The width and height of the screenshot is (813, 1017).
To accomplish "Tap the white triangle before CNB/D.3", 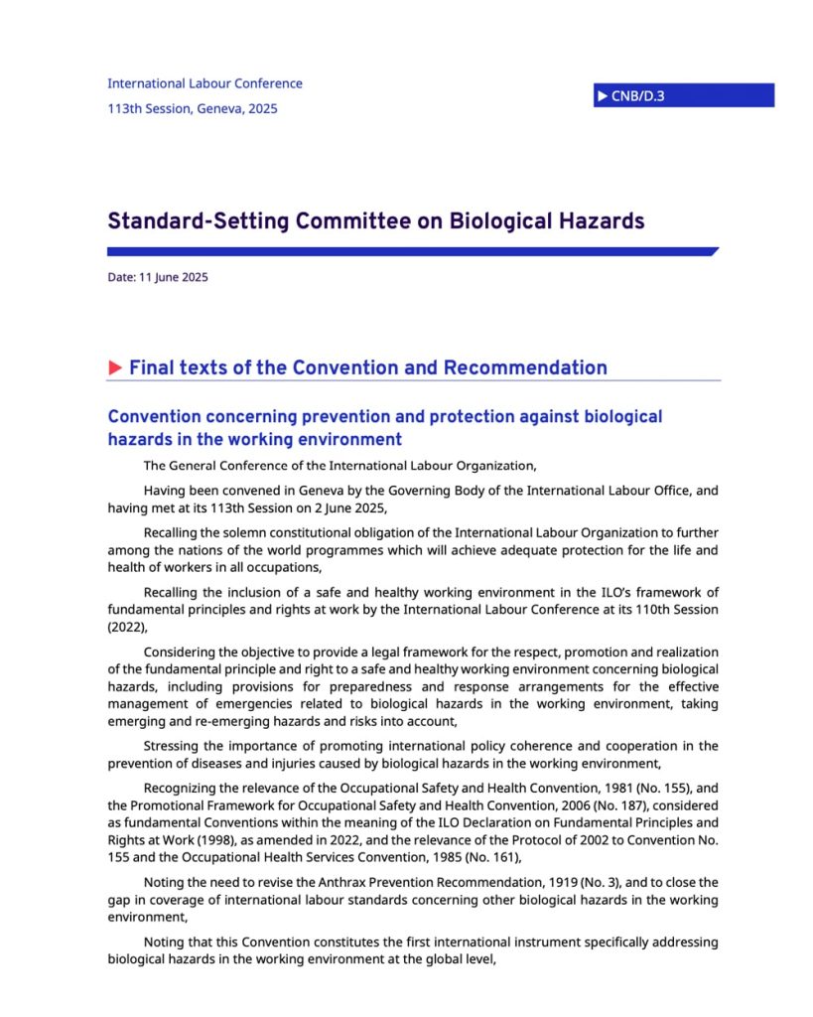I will (x=602, y=95).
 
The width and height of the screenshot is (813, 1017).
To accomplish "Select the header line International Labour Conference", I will (x=204, y=83).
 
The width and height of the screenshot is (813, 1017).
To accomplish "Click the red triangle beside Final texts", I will (x=115, y=368).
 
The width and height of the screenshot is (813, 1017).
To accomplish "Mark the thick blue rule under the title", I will (x=412, y=252).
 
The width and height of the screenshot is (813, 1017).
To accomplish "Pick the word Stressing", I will (x=173, y=745).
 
